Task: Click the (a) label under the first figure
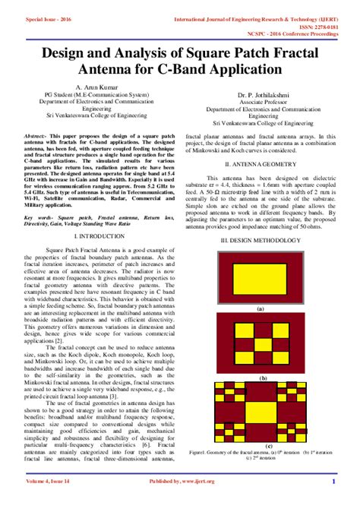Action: pyautogui.click(x=261, y=309)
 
